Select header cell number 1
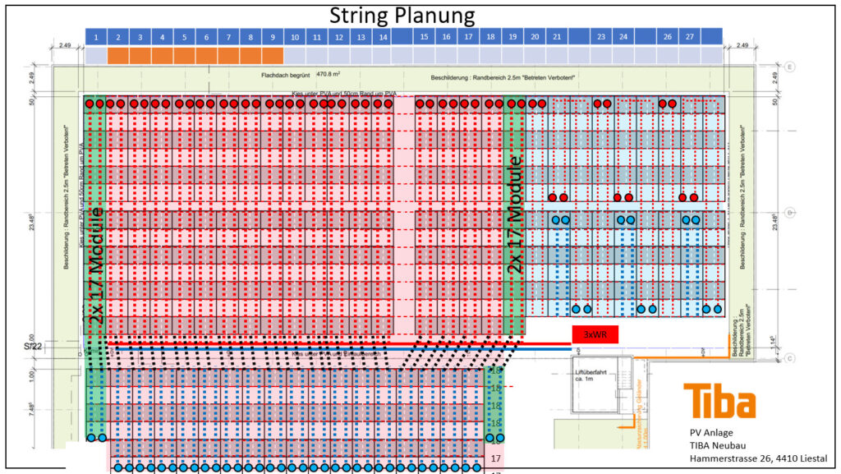(96, 37)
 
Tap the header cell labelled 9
(272, 37)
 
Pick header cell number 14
(382, 37)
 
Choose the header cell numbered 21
(557, 37)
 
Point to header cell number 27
(689, 37)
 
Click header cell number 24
(623, 37)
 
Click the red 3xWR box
(594, 334)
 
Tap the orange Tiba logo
(719, 401)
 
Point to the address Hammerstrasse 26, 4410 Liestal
(758, 458)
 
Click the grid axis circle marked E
(789, 67)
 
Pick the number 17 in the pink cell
(495, 458)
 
